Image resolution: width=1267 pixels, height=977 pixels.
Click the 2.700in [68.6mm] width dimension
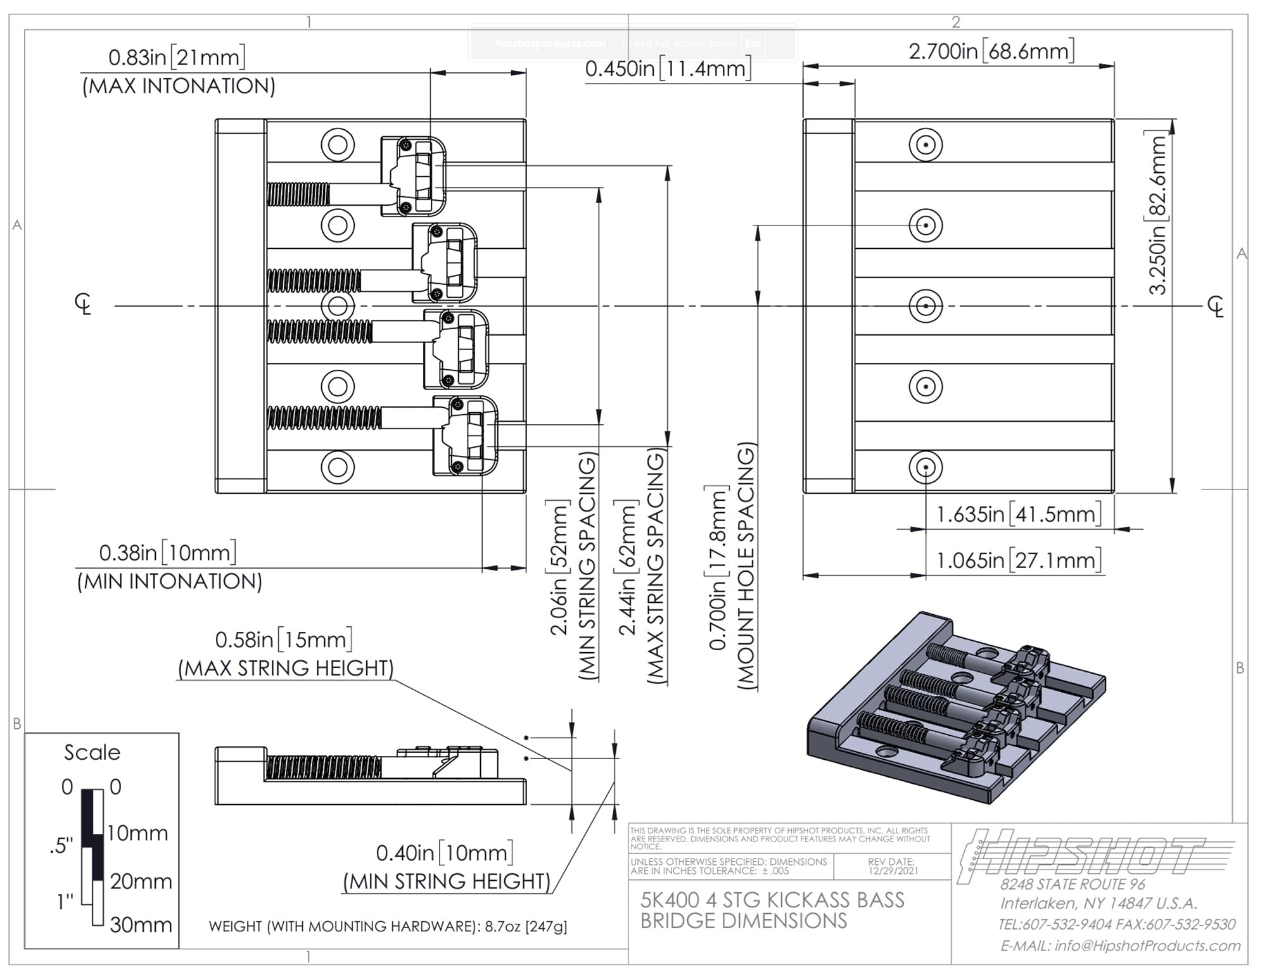991,51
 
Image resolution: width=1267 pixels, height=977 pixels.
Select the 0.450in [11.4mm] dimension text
668,68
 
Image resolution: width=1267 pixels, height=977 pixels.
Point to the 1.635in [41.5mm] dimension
1019,514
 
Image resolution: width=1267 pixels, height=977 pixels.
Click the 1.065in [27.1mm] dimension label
1019,560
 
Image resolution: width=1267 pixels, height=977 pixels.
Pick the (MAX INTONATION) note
179,86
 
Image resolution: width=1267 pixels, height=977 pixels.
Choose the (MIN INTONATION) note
169,581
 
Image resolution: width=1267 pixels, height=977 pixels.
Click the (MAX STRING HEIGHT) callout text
286,668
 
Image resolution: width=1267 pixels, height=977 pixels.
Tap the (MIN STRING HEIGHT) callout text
447,881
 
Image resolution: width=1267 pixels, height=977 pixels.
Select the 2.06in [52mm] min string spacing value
559,567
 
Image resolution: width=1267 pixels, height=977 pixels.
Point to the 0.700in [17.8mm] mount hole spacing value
718,567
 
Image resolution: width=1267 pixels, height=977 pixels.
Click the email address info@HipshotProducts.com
1120,945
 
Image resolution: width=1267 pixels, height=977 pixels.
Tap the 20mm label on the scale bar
141,881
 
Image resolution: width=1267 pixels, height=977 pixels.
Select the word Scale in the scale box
92,752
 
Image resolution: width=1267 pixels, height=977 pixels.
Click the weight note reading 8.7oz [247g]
388,926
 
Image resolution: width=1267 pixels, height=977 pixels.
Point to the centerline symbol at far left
83,305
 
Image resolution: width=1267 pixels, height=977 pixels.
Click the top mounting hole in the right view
926,144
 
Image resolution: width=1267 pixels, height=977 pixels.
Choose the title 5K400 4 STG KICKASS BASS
772,900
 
